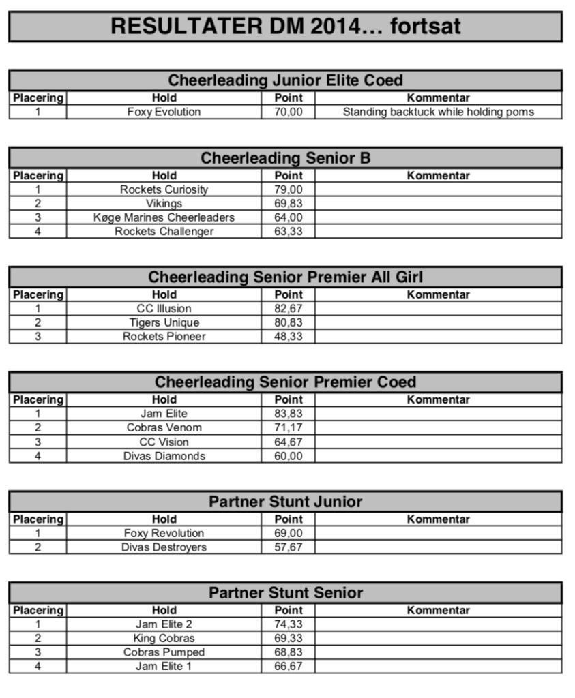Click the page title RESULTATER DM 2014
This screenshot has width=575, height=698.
pos(285,26)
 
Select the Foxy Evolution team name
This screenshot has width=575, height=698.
pos(164,112)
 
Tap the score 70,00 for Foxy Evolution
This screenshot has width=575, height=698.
pos(288,112)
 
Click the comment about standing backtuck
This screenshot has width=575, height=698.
pos(438,112)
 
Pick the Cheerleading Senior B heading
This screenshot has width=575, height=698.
pos(285,158)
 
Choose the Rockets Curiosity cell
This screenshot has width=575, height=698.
pos(164,189)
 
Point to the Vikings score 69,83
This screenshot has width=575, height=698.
pos(288,203)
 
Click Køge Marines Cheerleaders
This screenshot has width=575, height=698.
pos(164,217)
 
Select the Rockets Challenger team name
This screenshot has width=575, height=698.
pos(164,231)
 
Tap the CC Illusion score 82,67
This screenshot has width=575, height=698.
pos(288,308)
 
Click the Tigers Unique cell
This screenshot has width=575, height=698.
pos(164,322)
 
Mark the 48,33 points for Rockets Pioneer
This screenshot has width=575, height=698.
pos(288,336)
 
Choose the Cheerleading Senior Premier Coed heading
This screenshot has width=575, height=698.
pos(285,382)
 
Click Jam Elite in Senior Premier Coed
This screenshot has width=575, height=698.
pos(164,413)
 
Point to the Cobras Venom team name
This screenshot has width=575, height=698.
pos(164,427)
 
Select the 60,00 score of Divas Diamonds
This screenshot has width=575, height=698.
pos(288,456)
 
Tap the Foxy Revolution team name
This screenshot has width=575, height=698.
pos(164,533)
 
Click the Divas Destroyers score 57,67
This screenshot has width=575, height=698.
pos(288,547)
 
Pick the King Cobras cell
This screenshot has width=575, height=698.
pos(164,638)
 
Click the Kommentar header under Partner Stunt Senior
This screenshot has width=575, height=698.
pos(438,610)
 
